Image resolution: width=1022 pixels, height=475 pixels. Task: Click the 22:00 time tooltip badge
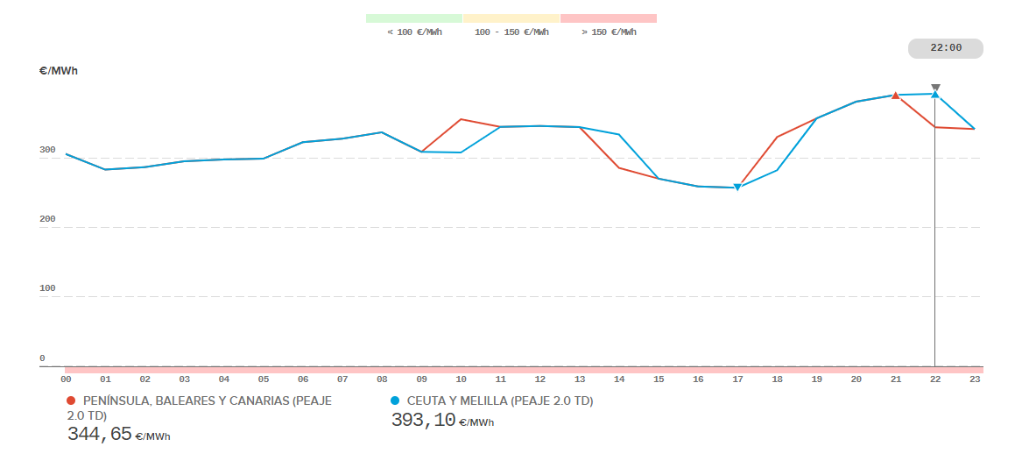coord(945,48)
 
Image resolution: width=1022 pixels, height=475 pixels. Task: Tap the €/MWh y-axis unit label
coord(59,71)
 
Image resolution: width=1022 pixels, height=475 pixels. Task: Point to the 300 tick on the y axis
coord(47,150)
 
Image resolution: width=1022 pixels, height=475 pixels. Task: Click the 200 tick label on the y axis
coord(47,219)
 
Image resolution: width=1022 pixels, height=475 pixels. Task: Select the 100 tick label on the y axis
coord(47,288)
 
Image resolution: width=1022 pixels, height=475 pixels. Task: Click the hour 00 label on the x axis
coord(66,379)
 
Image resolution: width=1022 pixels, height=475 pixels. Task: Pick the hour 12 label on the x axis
coord(540,379)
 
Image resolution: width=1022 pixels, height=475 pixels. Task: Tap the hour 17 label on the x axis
coord(737,379)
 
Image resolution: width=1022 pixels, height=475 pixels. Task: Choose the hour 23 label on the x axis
coord(975,379)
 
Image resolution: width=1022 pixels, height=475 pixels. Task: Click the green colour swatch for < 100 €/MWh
coord(414,18)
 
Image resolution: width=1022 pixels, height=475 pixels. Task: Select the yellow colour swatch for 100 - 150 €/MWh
coord(511,18)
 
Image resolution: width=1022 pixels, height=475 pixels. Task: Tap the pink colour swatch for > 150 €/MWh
coord(609,18)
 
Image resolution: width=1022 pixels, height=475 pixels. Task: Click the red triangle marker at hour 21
coord(895,96)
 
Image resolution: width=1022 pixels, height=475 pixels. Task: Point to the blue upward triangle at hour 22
coord(935,94)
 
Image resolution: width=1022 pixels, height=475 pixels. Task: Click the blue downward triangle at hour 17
coord(737,188)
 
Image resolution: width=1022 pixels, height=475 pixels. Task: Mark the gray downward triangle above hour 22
coord(935,87)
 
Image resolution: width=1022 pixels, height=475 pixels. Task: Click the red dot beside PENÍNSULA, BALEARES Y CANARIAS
coord(71,401)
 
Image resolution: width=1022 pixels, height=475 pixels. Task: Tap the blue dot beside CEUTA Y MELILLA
coord(395,401)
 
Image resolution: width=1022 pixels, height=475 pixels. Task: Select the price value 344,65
coord(99,433)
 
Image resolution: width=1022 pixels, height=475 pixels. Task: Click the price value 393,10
coord(423,421)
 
